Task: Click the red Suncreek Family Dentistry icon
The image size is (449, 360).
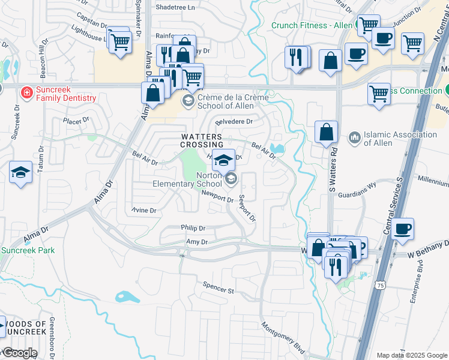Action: [x=26, y=93]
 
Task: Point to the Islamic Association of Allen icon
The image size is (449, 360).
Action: [x=354, y=139]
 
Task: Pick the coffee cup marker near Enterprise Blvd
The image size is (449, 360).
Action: [x=402, y=229]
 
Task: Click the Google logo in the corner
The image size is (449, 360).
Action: [x=20, y=353]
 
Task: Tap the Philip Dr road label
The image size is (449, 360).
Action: [x=193, y=228]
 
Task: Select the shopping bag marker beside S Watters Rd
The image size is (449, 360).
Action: [x=326, y=132]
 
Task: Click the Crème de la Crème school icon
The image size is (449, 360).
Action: [x=188, y=100]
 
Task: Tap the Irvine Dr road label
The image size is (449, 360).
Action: [x=144, y=211]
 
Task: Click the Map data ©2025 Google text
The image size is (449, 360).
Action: [x=411, y=355]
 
